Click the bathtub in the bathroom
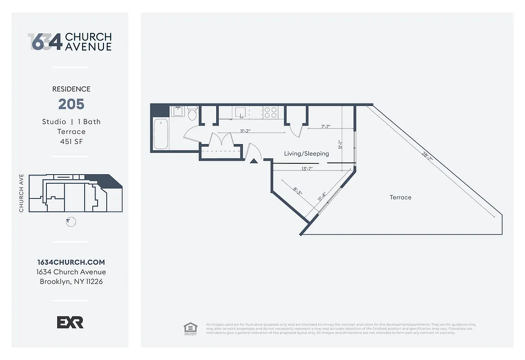(161, 134)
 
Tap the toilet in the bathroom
(192, 113)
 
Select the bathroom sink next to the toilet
(177, 111)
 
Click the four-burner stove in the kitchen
(270, 112)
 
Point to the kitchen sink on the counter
(240, 112)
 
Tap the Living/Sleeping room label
(306, 153)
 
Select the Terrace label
(400, 197)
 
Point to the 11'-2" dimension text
(245, 131)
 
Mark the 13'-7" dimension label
(307, 169)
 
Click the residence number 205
(71, 104)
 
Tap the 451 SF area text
(71, 141)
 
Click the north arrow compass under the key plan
(71, 221)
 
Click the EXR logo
(70, 322)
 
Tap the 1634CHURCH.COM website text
(71, 262)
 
